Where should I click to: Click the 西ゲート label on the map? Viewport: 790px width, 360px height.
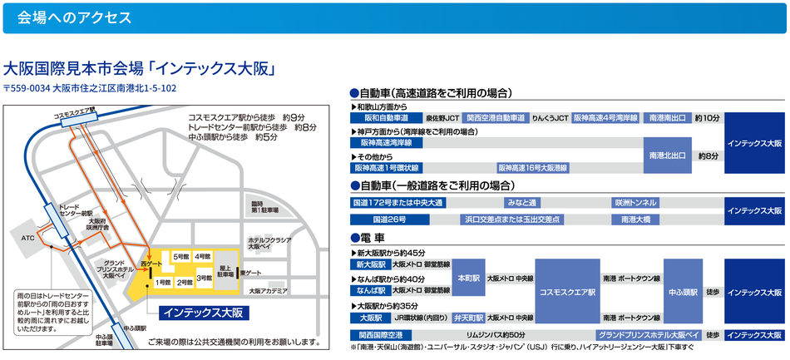click(x=149, y=264)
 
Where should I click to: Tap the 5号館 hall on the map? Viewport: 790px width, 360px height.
click(x=180, y=258)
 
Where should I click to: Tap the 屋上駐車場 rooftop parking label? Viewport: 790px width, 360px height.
click(x=225, y=269)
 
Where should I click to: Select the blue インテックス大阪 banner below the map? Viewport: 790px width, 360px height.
click(x=202, y=313)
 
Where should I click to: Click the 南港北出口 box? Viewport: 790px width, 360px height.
click(x=668, y=155)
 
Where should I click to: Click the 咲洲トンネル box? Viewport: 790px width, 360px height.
click(x=635, y=202)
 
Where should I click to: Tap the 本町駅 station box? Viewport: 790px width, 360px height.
click(x=466, y=277)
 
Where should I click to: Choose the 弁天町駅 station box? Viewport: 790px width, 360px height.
click(x=466, y=318)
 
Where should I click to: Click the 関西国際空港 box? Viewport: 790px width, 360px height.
click(x=379, y=334)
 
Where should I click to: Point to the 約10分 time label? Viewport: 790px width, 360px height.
click(x=708, y=119)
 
